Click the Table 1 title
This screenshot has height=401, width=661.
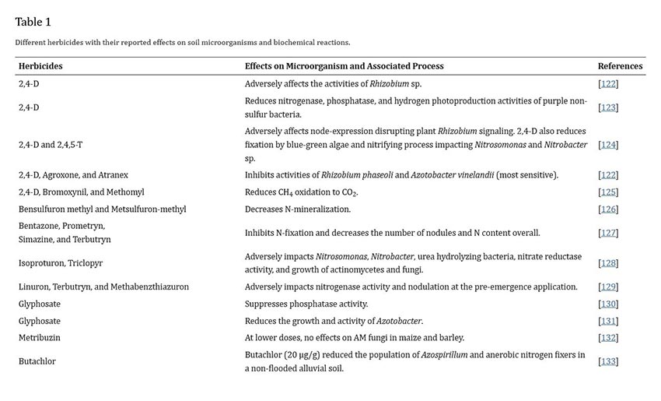point(33,22)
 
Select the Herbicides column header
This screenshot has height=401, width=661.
point(40,66)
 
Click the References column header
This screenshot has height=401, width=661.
point(620,66)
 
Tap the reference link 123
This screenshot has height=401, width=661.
point(608,107)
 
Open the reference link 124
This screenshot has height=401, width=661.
point(608,144)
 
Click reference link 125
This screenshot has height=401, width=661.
point(608,192)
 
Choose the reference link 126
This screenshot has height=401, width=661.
point(608,209)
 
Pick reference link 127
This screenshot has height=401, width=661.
point(608,233)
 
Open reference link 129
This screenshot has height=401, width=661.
point(608,287)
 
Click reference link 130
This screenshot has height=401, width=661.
point(608,304)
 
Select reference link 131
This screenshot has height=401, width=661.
point(608,321)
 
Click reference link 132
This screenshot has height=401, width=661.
point(608,338)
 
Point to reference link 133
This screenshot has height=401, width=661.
point(608,361)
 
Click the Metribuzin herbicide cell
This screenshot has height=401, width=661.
point(40,338)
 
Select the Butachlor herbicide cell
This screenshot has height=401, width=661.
point(37,361)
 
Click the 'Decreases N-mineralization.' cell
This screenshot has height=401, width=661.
point(298,209)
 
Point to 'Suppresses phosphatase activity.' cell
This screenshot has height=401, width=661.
point(306,304)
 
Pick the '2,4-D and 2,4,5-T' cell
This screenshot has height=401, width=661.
point(51,144)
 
